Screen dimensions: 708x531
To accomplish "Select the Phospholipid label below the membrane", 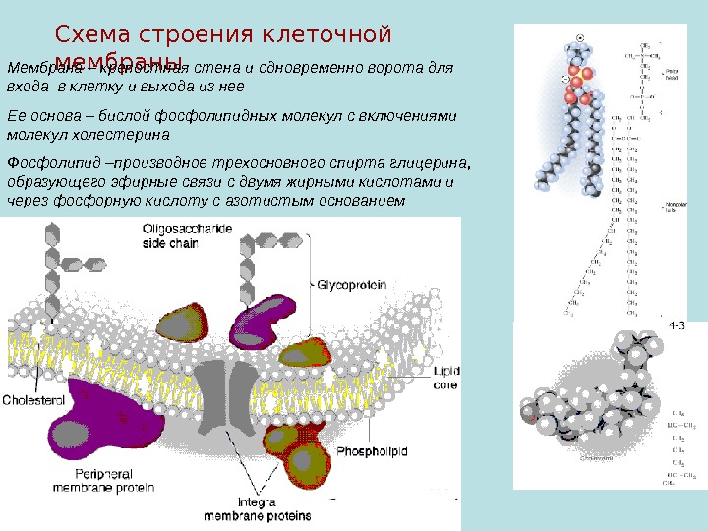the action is pyautogui.click(x=373, y=450).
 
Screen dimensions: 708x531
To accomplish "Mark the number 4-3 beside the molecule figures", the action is pyautogui.click(x=677, y=326).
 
